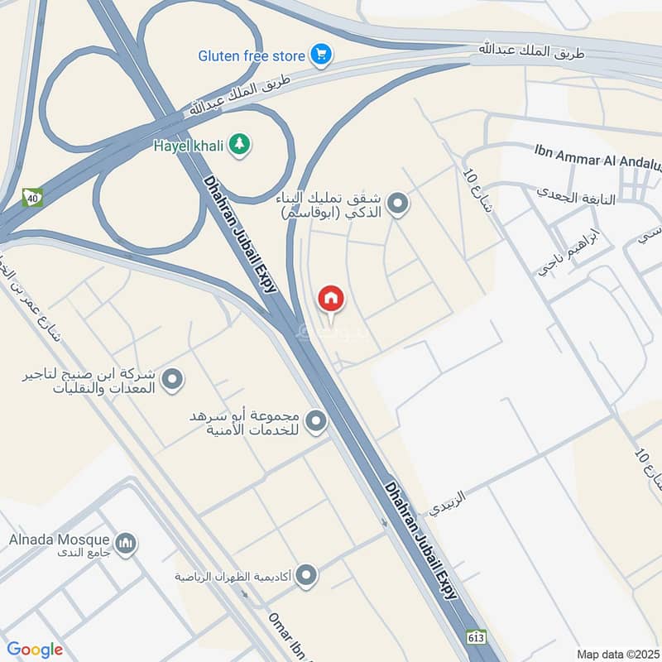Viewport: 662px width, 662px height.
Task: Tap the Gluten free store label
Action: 252,56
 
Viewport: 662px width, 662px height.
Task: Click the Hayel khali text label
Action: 189,146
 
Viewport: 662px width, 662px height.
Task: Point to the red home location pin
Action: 331,299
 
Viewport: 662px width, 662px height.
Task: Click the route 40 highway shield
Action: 32,197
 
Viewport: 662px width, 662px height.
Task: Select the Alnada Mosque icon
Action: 126,544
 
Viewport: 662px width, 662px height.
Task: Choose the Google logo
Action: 34,650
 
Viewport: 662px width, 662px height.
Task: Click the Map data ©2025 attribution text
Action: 618,654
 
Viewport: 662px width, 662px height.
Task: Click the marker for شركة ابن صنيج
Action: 172,380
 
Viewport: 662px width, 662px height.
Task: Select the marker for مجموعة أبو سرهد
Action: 315,422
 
